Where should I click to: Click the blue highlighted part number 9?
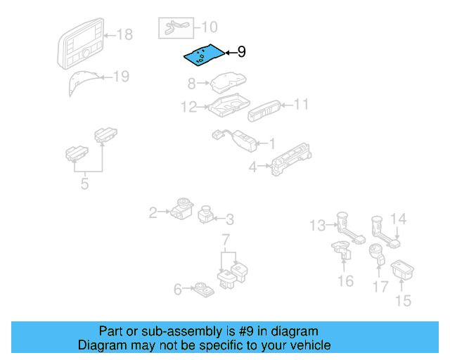coord(202,55)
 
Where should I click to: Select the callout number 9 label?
coord(241,52)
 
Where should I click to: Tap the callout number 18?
coord(124,34)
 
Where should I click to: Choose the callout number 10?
coord(210,27)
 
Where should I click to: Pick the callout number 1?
coord(271,143)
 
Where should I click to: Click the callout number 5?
coord(84,186)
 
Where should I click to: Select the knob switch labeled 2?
coord(179,209)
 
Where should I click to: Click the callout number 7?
coord(226,242)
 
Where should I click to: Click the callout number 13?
coord(318,225)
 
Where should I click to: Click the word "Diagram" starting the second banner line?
coord(101,345)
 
